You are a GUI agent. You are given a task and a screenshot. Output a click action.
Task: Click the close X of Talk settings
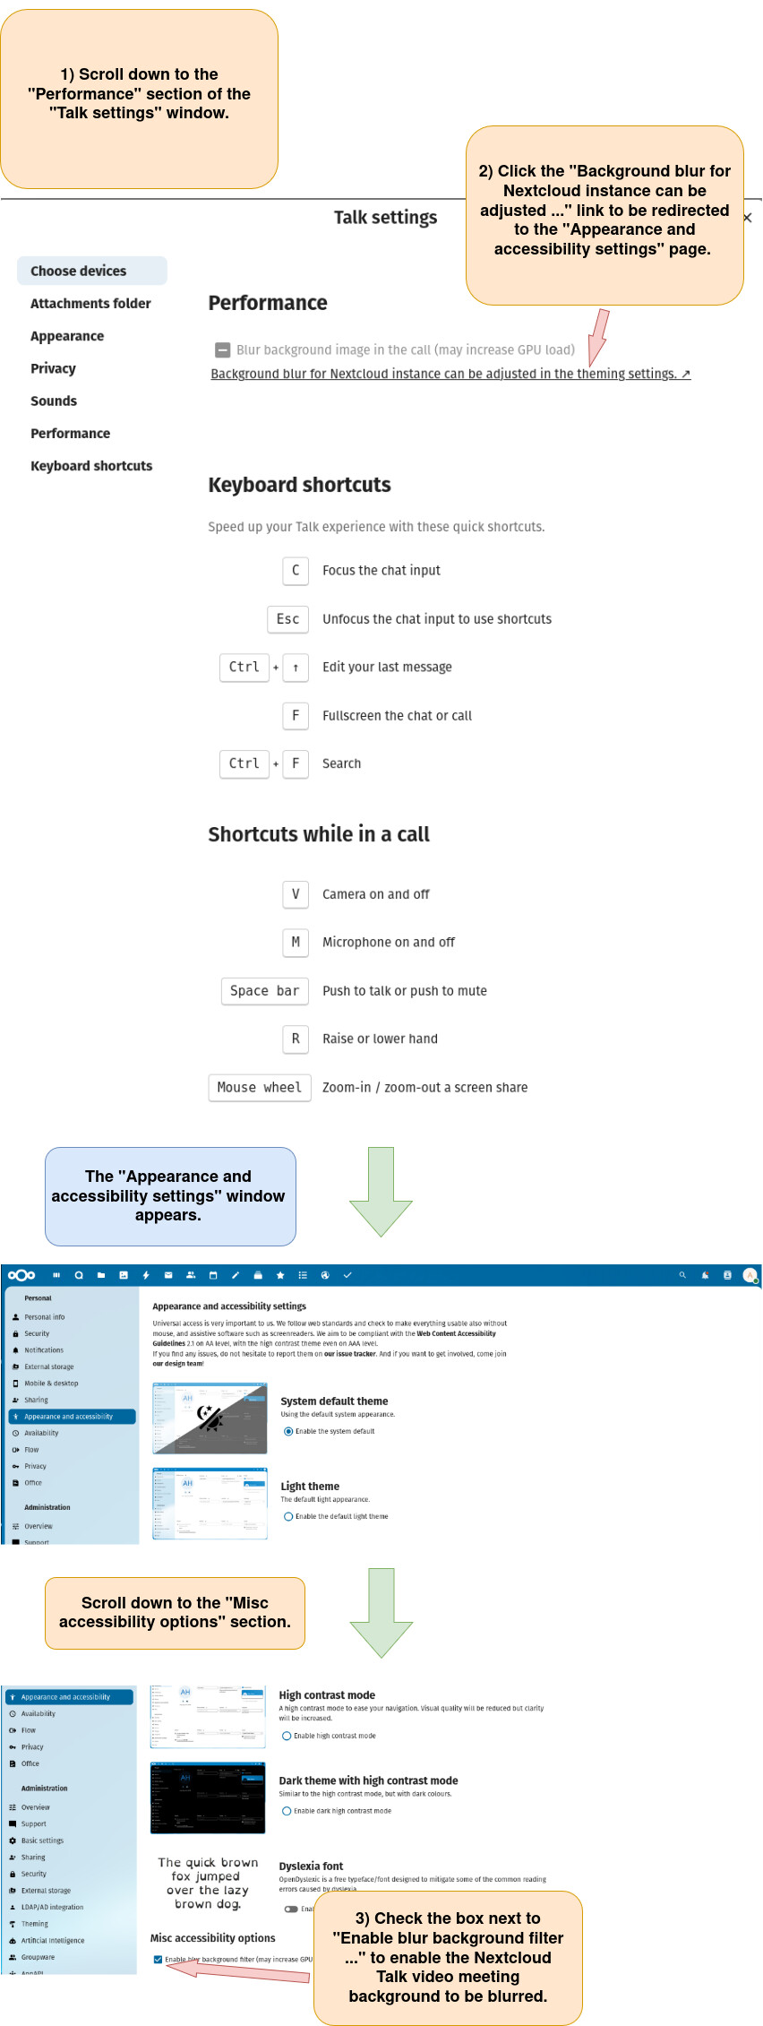click(747, 218)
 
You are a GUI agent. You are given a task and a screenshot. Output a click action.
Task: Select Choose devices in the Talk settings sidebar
click(79, 271)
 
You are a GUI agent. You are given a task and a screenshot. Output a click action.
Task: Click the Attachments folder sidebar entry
click(90, 304)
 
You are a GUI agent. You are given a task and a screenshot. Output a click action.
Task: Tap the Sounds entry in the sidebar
click(54, 401)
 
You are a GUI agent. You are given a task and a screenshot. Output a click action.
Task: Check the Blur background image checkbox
click(223, 349)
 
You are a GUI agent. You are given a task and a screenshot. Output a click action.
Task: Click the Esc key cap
click(287, 619)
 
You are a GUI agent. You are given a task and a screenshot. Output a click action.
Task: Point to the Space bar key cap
click(264, 991)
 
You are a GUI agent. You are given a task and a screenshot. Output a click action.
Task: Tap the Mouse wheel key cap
click(260, 1088)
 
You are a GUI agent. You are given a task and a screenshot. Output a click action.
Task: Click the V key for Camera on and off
click(296, 894)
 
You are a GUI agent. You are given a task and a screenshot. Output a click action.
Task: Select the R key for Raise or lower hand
click(296, 1039)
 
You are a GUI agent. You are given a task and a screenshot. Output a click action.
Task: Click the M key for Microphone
click(296, 943)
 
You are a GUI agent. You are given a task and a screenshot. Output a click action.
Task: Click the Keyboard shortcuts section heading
click(299, 485)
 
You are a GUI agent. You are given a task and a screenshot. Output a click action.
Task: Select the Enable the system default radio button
click(288, 1431)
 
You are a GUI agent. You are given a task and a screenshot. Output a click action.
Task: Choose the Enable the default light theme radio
click(288, 1516)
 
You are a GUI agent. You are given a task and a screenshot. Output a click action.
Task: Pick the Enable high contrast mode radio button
click(287, 1736)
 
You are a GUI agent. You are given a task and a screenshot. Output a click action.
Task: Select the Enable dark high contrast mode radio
click(287, 1811)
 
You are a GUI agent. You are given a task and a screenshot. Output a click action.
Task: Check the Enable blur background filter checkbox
click(159, 1959)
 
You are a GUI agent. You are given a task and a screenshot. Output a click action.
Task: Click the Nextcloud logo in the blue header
click(21, 1275)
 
